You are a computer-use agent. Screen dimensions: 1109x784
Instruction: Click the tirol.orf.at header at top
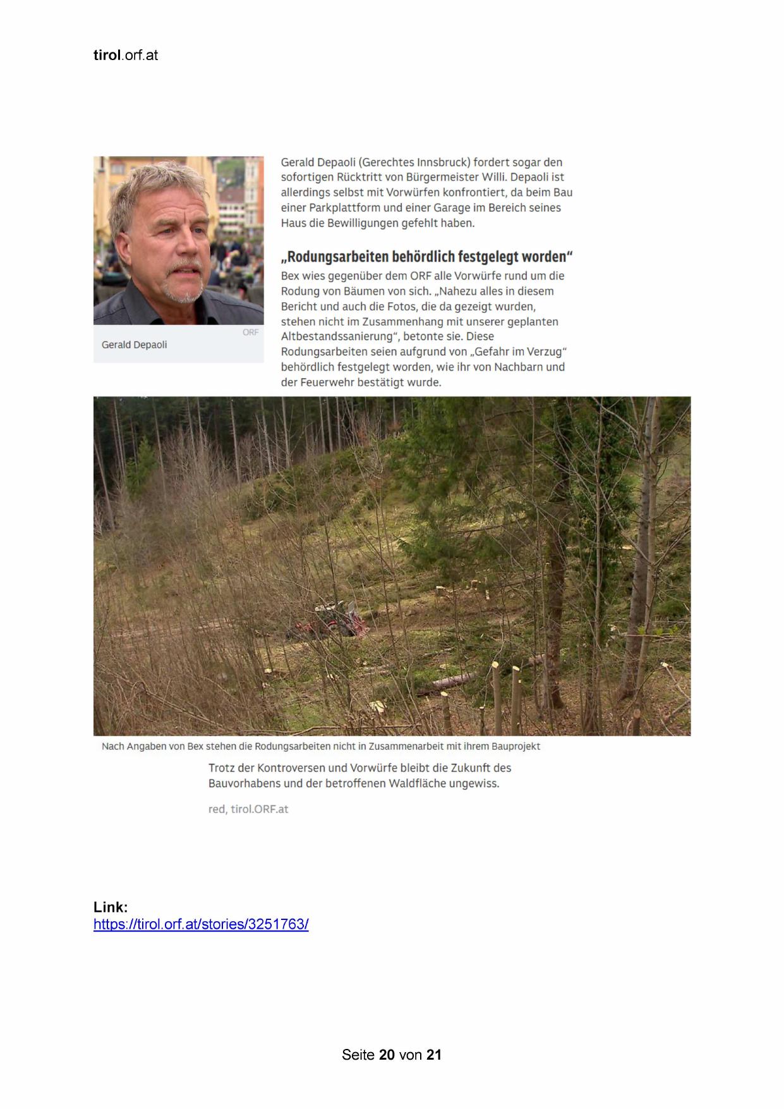(125, 56)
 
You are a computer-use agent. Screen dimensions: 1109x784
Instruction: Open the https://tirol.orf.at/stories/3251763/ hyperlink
(201, 924)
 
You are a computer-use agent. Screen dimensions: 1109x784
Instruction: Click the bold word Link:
(111, 907)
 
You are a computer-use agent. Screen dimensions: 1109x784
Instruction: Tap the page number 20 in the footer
(387, 1055)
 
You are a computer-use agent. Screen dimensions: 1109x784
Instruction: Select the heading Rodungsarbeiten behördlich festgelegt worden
(426, 257)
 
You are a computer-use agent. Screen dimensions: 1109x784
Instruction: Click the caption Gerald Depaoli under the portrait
(134, 345)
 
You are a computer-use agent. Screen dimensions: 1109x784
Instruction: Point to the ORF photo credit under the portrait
(250, 333)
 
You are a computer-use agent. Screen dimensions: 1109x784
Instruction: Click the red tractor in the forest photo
(335, 618)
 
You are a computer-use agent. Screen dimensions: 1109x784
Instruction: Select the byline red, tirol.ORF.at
(248, 809)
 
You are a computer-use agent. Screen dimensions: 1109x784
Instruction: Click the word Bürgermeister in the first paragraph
(439, 178)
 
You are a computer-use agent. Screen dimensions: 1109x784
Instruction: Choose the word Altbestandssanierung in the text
(337, 337)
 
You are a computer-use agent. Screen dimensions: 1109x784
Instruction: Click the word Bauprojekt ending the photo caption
(516, 747)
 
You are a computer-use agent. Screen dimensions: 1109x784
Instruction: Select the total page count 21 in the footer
(434, 1055)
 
